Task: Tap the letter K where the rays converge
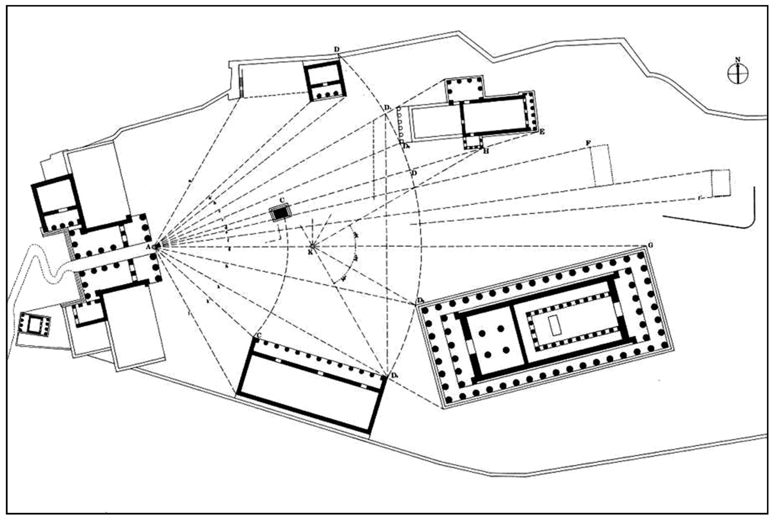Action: click(310, 252)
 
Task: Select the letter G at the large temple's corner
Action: click(651, 245)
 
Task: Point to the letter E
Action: click(542, 132)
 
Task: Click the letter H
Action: click(486, 151)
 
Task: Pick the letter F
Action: click(588, 143)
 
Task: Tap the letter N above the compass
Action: click(738, 60)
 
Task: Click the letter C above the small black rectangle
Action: click(281, 200)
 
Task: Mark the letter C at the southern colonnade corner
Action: click(259, 336)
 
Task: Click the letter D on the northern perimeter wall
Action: click(337, 49)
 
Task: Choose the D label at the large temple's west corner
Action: click(420, 300)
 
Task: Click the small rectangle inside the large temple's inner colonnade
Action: click(553, 325)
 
